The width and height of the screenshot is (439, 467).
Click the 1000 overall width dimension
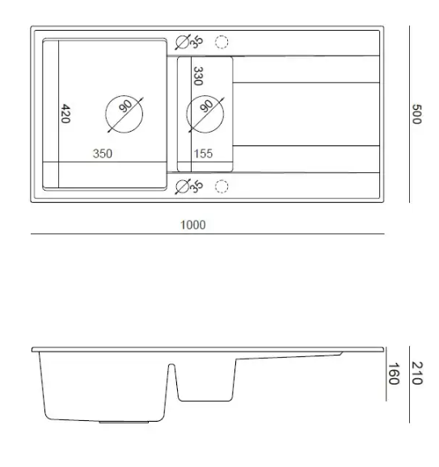coord(192,225)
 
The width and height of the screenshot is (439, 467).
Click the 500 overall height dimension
coord(417,114)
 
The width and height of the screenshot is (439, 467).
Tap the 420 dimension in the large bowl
coord(65,114)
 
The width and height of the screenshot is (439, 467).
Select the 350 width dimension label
coord(102,154)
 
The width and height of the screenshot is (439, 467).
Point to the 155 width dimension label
coord(203,154)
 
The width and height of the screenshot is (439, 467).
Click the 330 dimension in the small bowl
coord(196,76)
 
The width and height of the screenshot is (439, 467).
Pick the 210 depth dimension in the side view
coord(417,372)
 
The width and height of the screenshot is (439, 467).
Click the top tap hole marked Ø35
coord(183,41)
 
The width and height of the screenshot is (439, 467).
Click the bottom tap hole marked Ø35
coord(183,187)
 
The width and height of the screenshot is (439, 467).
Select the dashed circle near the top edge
coord(222,41)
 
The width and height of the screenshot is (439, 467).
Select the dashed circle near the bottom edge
coord(222,187)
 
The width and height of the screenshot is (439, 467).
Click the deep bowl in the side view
coord(105,388)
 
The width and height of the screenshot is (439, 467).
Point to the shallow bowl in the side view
coord(207,380)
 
